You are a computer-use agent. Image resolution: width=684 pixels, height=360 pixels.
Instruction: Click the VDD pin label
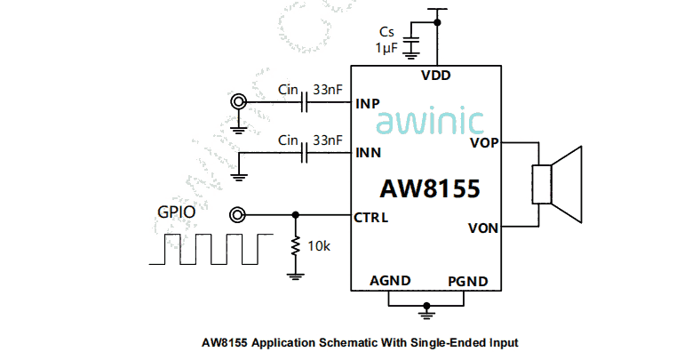[436, 76]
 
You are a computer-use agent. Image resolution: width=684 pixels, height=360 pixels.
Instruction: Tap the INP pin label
[368, 103]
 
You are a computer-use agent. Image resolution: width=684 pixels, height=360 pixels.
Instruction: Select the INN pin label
[368, 153]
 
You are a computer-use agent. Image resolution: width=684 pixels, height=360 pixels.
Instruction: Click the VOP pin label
[483, 142]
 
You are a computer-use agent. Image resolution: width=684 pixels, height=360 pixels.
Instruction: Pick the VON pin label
[483, 228]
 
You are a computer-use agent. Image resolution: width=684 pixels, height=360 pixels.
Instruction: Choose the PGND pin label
[468, 281]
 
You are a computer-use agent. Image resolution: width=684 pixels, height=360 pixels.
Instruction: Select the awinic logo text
[430, 123]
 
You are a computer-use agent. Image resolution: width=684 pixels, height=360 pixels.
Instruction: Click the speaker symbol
[556, 185]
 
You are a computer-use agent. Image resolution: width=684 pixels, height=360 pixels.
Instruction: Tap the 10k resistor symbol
[295, 246]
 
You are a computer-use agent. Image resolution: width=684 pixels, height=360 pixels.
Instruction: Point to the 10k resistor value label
[318, 246]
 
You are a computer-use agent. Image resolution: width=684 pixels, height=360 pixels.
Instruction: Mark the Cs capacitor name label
[387, 32]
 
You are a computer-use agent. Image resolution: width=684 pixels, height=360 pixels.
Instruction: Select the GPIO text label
[176, 212]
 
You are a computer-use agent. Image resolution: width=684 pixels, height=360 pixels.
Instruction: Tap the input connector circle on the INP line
[238, 103]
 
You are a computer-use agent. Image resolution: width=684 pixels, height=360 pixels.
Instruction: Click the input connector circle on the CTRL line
[238, 215]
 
